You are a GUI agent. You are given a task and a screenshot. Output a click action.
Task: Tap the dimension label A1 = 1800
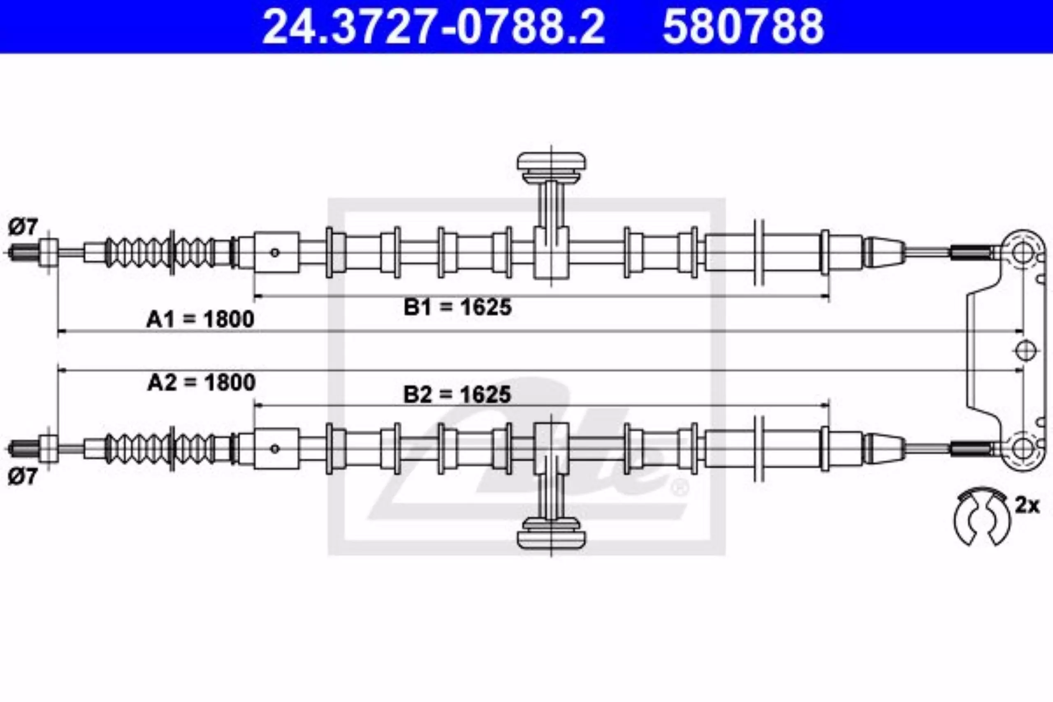pos(200,319)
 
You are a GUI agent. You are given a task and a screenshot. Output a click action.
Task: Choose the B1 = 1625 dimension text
pos(457,308)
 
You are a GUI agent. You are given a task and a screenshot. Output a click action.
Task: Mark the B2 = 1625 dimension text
pos(457,395)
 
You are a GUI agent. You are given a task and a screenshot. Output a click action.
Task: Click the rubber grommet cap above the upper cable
pos(551,168)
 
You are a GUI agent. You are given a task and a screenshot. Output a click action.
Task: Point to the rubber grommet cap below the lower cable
pos(551,532)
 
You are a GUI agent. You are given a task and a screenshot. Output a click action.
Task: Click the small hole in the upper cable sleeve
pos(275,253)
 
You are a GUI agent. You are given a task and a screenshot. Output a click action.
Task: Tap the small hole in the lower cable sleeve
pos(275,449)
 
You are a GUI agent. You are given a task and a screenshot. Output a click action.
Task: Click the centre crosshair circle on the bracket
pos(1026,350)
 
